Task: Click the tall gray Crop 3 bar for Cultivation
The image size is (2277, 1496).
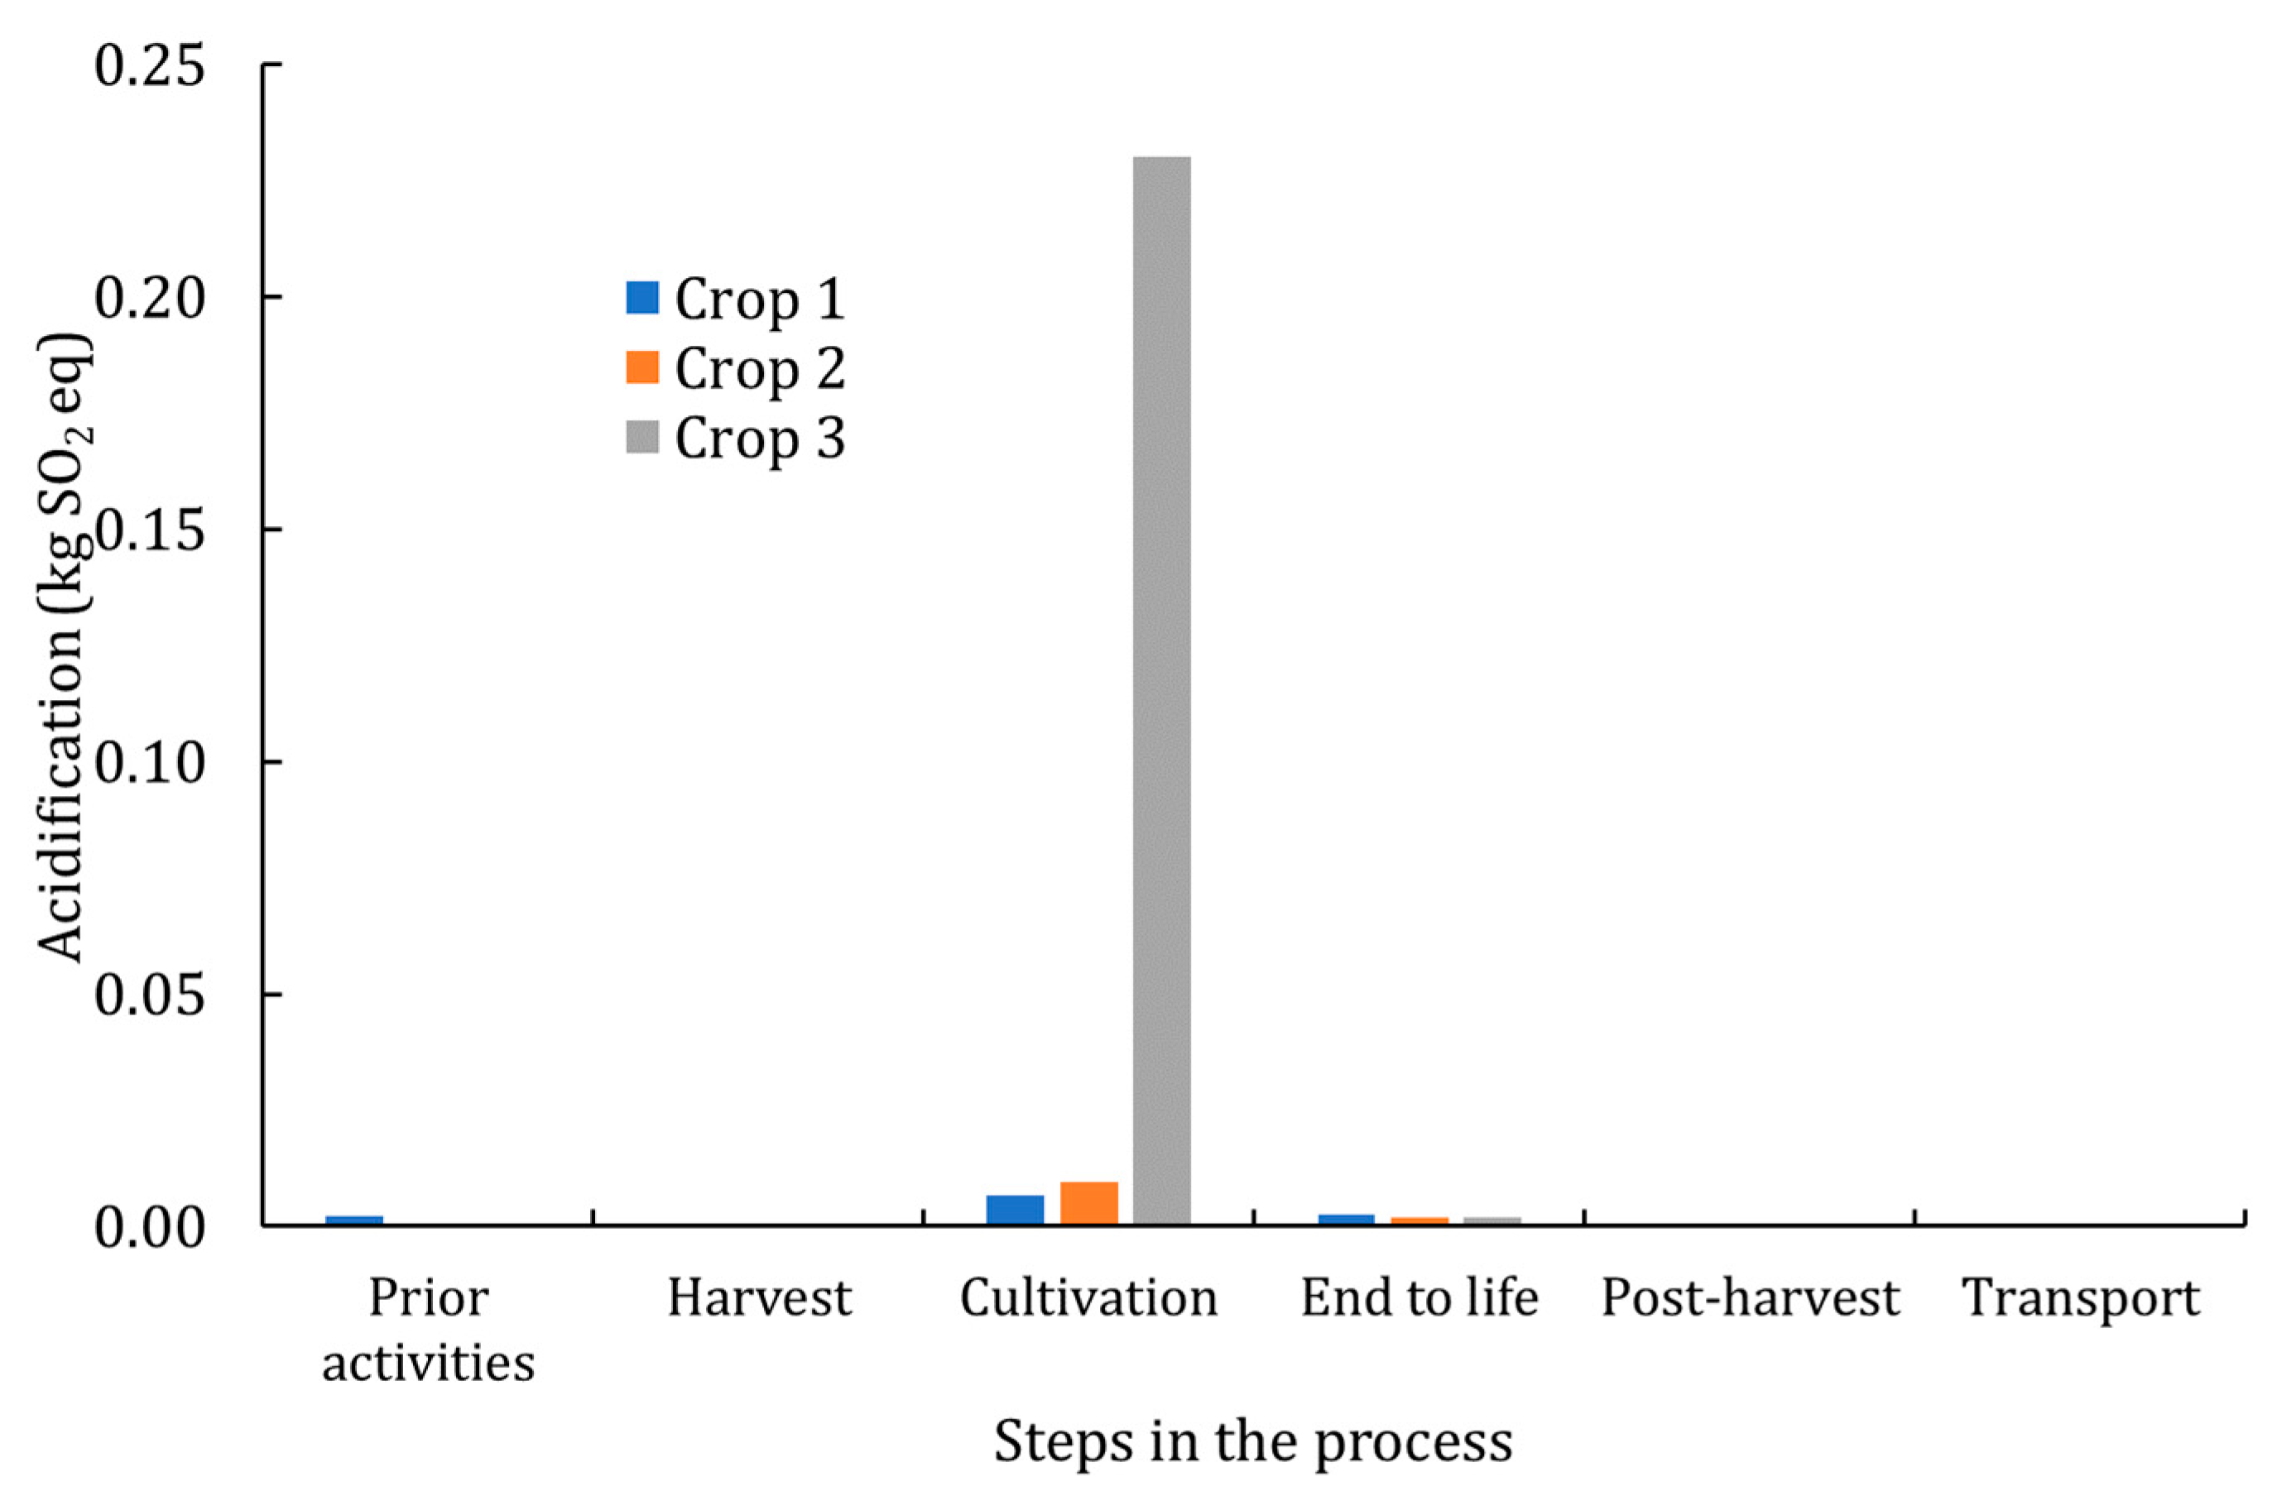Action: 1161,688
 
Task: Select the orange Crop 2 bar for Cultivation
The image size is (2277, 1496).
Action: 1088,1203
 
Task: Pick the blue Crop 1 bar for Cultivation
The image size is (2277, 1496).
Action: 1015,1210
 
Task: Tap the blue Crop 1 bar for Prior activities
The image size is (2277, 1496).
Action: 354,1220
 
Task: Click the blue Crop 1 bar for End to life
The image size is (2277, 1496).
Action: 1346,1220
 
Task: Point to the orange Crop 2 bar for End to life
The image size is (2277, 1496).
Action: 1419,1220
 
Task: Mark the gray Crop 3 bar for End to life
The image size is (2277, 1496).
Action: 1492,1220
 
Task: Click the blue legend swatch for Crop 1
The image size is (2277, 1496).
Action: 642,298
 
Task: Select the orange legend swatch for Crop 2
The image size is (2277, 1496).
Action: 642,367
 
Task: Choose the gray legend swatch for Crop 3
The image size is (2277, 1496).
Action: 642,437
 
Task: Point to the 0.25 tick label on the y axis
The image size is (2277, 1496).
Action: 150,67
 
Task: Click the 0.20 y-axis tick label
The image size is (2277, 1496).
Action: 150,299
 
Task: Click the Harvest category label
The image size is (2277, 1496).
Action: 759,1299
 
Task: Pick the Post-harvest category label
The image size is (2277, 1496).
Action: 1750,1299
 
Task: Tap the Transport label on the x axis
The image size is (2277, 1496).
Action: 2081,1299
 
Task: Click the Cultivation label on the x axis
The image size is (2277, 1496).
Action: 1088,1299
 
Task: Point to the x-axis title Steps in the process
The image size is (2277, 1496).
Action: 1252,1441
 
